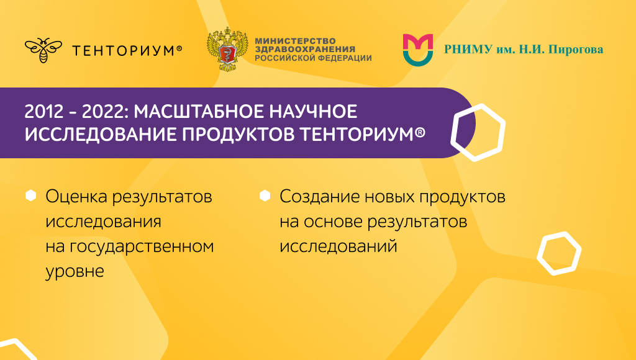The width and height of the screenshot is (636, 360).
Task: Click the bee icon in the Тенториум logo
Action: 43,50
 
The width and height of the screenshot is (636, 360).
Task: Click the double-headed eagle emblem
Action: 227,49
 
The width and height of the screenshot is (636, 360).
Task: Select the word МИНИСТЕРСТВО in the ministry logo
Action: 295,40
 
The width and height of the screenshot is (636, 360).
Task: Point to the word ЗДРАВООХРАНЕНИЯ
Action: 305,49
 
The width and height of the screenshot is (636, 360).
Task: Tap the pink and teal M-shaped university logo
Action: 418,50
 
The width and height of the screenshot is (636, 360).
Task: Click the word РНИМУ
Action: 468,50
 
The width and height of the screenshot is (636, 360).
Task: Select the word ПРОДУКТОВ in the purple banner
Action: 238,134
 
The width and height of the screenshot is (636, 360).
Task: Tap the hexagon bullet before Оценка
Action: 31,196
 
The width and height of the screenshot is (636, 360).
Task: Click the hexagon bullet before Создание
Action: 265,196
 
